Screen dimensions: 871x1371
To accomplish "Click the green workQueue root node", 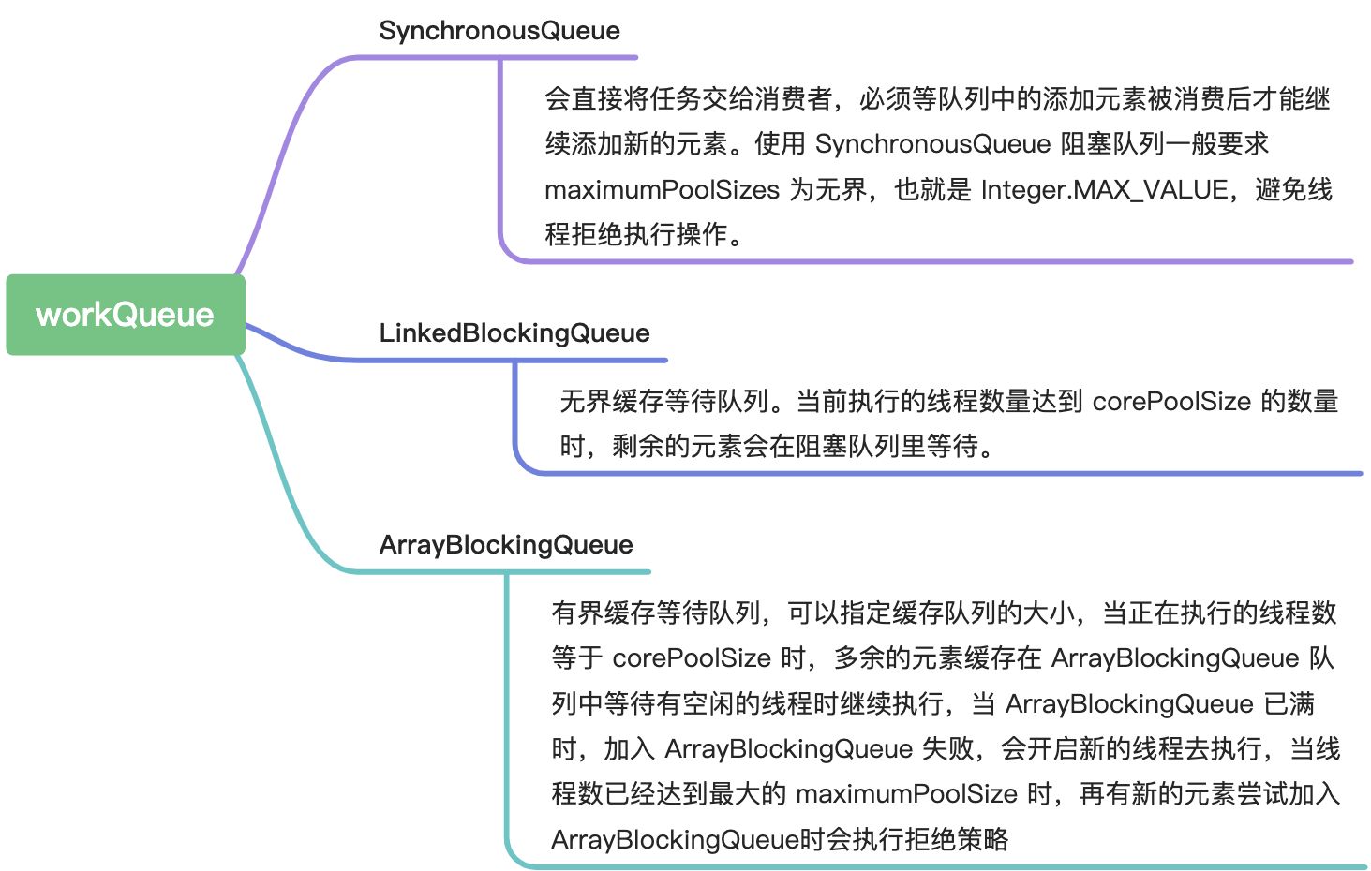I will pyautogui.click(x=125, y=315).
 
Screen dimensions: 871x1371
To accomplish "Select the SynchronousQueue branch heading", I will pyautogui.click(x=499, y=31).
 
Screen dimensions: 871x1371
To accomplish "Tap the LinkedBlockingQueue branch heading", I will pyautogui.click(x=514, y=333).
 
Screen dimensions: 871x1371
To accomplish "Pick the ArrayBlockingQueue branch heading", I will pyautogui.click(x=505, y=545).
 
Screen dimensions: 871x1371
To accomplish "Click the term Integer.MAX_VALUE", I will pyautogui.click(x=1105, y=190).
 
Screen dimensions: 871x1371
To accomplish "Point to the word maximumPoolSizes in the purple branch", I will pyautogui.click(x=662, y=190).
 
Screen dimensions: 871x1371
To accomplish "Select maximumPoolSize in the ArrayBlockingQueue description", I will pyautogui.click(x=906, y=794).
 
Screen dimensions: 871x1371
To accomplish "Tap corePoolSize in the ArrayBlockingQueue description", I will pyautogui.click(x=692, y=658).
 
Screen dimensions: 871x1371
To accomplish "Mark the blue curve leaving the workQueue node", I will pyautogui.click(x=291, y=347).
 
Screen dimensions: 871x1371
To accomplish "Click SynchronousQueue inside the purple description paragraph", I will pyautogui.click(x=932, y=144).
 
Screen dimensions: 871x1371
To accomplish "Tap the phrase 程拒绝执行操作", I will pyautogui.click(x=637, y=234).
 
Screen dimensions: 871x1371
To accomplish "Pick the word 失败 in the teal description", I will pyautogui.click(x=947, y=749).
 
